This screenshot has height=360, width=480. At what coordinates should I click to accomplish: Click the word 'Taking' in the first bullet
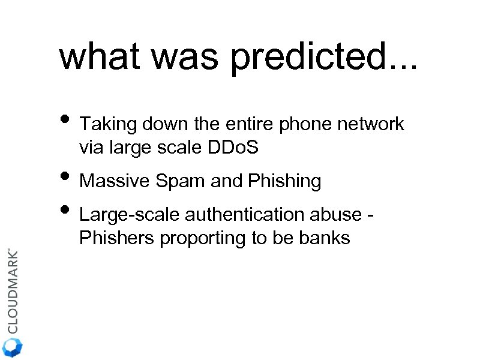click(x=108, y=125)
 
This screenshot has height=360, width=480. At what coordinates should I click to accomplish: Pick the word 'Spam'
click(x=178, y=181)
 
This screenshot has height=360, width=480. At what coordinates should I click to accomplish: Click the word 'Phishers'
click(x=117, y=238)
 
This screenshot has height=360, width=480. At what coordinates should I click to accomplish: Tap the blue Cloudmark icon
click(x=13, y=347)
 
